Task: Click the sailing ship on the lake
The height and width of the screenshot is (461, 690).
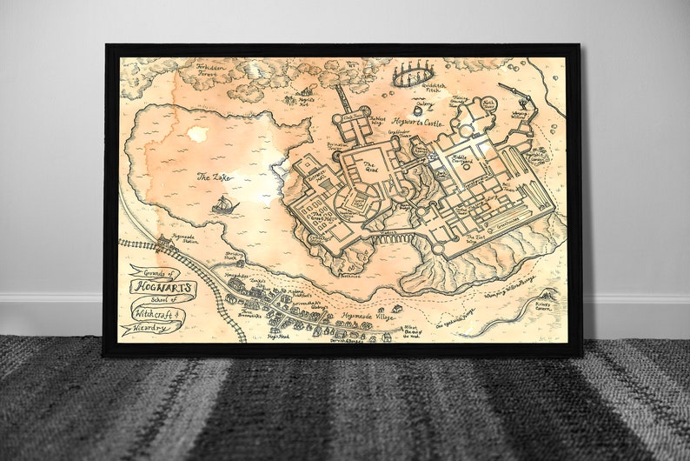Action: pos(225,205)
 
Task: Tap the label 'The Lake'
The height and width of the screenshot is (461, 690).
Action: pos(214,177)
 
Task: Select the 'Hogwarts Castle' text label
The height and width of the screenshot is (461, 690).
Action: pos(418,124)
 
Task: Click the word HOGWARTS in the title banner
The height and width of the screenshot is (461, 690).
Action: pos(163,286)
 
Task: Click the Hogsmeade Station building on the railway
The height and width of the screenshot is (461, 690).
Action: pos(166,246)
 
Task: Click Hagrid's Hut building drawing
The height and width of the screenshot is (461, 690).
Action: pos(303,90)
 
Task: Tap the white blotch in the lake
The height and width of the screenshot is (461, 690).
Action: pos(198,134)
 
